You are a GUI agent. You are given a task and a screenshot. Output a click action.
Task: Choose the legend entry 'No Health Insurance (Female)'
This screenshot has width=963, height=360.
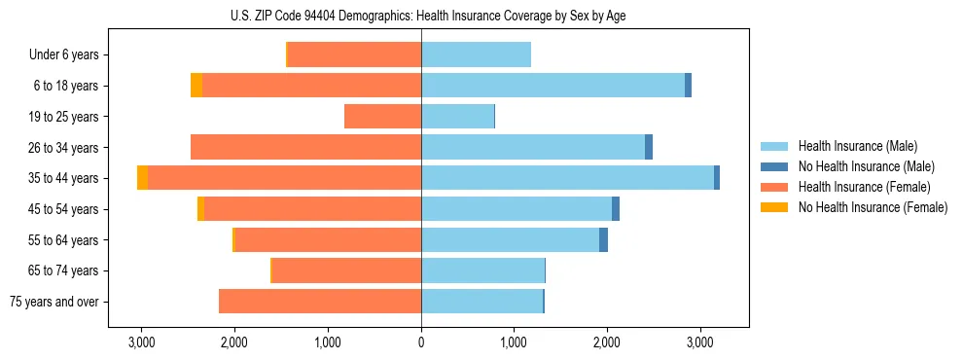tap(873, 207)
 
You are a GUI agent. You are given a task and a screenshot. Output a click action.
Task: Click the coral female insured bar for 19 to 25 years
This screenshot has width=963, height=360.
tap(382, 117)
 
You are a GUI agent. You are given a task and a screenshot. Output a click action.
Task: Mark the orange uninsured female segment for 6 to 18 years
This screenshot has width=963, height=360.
tap(196, 86)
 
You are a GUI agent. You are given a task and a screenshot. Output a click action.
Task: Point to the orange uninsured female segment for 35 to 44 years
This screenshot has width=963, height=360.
tap(143, 178)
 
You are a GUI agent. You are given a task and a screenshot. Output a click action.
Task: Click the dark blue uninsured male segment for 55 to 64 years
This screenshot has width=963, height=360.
tap(603, 239)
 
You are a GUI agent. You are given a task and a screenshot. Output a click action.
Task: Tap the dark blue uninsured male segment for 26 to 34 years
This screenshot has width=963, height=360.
tap(649, 147)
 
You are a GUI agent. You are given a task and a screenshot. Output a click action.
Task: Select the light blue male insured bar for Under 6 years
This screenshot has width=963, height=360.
tap(476, 55)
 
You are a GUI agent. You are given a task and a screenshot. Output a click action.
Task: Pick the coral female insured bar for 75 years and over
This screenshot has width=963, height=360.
tap(320, 302)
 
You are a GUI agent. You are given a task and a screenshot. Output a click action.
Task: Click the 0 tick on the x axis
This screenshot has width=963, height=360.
tap(421, 342)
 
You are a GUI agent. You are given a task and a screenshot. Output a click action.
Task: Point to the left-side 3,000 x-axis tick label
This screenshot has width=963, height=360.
tap(141, 342)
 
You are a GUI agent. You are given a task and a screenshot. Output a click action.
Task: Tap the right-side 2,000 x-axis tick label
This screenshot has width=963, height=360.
tap(607, 342)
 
